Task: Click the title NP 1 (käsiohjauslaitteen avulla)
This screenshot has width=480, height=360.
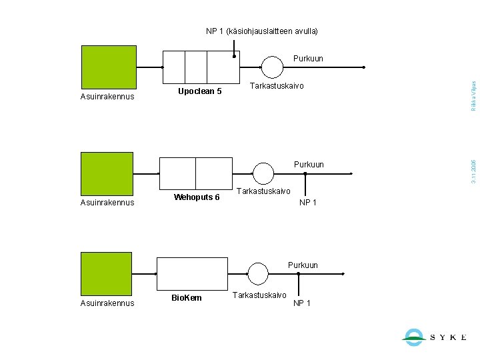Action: tap(261, 31)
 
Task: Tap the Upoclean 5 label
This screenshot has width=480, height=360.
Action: tap(199, 91)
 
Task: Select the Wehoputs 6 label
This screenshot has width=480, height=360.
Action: tap(197, 197)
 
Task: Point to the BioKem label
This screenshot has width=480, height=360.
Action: tap(187, 297)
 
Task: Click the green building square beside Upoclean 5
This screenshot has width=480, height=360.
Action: tap(108, 67)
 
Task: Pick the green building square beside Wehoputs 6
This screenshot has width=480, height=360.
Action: tap(107, 173)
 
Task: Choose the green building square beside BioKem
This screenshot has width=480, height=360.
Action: tap(107, 273)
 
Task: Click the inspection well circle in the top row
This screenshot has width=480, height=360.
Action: tap(272, 67)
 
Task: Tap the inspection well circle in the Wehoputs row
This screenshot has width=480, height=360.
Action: tap(263, 173)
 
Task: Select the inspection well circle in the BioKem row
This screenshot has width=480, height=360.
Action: tap(258, 273)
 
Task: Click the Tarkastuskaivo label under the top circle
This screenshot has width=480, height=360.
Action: tap(276, 86)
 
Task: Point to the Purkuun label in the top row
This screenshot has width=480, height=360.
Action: tap(308, 59)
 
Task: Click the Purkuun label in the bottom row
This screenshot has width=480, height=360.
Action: tap(303, 265)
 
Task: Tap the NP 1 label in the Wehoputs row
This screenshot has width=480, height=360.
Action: tap(308, 203)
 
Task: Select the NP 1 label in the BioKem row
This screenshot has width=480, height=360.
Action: tap(301, 303)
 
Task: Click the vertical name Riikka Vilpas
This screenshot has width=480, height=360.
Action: tap(473, 95)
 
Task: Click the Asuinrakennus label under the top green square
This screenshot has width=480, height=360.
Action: tap(107, 97)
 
